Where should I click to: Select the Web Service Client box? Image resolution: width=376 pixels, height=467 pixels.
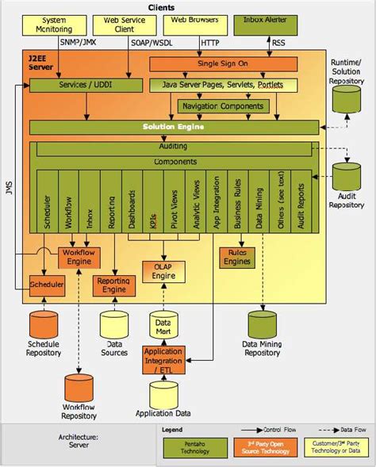pos(120,25)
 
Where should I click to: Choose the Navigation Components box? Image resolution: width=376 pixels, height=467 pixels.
pos(224,105)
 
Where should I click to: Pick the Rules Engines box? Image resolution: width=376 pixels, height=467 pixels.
pos(236,256)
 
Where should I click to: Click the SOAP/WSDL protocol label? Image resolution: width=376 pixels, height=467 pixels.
pos(150,43)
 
